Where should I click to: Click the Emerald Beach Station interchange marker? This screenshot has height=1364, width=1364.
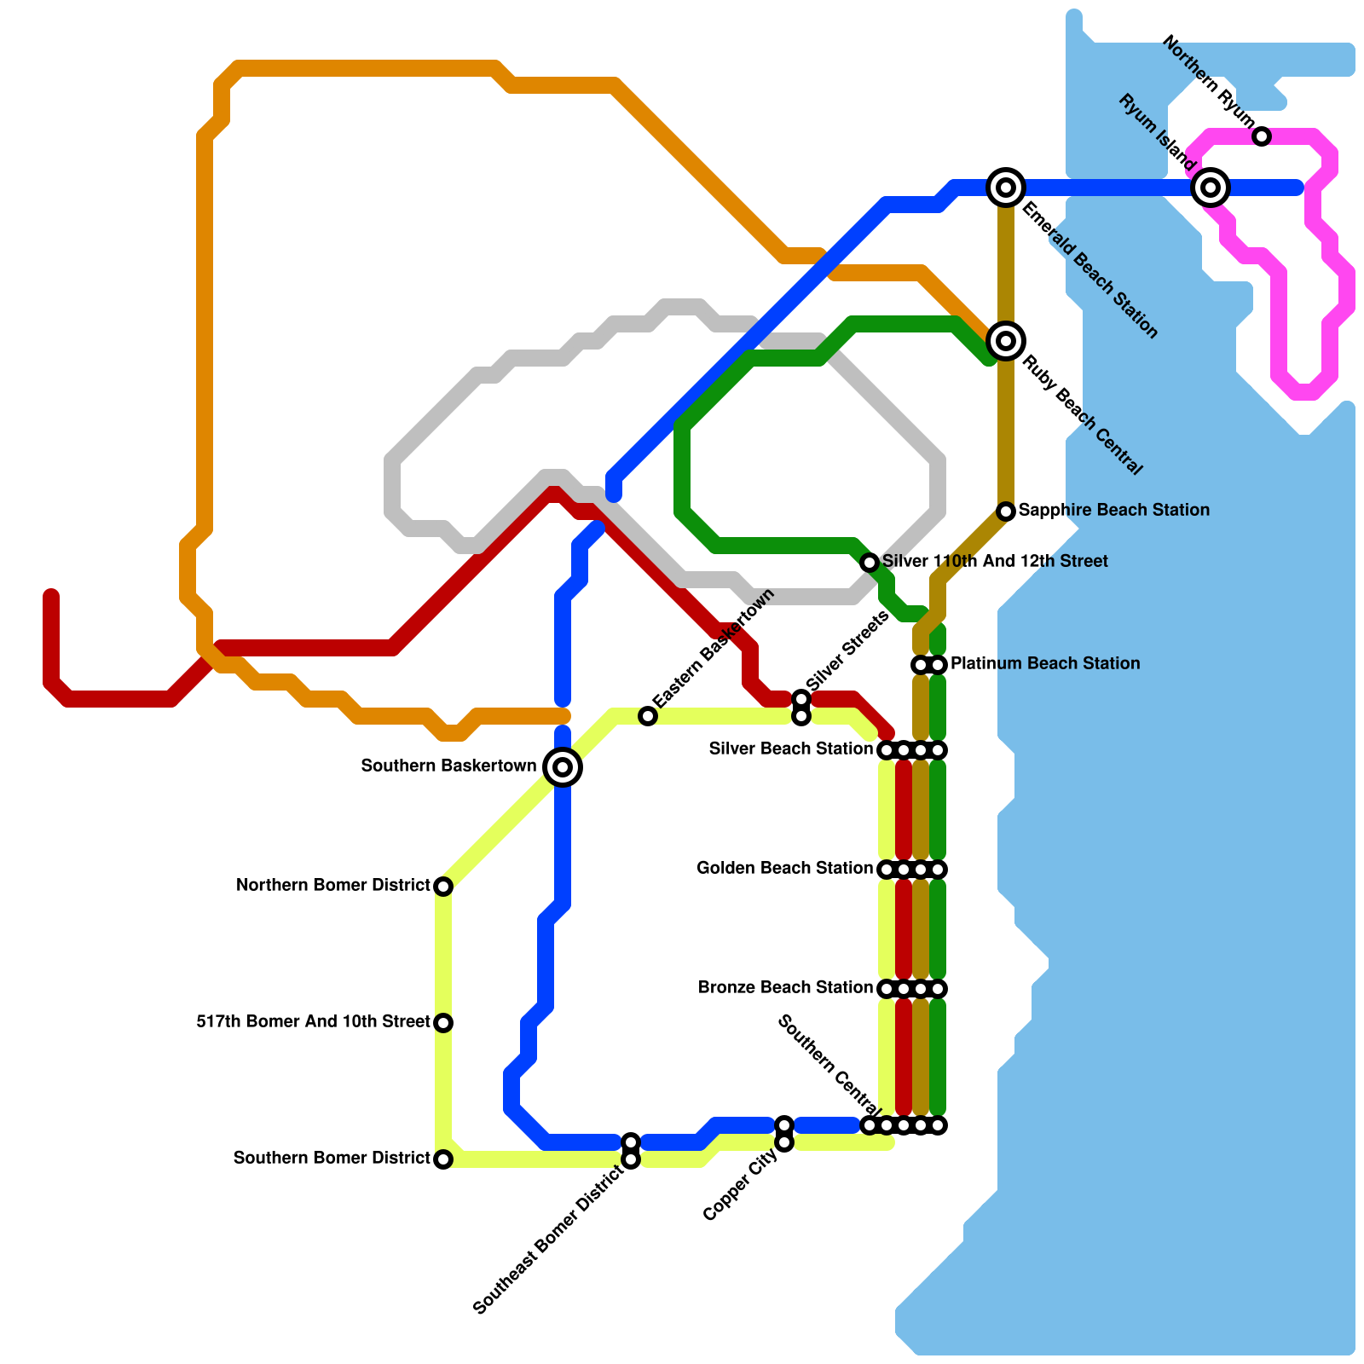click(1006, 187)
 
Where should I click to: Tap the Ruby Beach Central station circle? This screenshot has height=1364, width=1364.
click(1006, 341)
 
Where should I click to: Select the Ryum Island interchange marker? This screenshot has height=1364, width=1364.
click(1211, 187)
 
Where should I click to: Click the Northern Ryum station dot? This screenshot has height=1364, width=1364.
click(1263, 136)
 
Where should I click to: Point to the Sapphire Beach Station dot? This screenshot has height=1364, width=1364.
click(1006, 511)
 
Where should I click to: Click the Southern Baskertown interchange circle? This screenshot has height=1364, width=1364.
click(563, 767)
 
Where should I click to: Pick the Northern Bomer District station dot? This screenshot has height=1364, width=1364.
click(443, 887)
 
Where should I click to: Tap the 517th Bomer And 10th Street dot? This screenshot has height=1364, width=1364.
click(443, 1023)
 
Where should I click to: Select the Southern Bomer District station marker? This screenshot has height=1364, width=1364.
click(443, 1159)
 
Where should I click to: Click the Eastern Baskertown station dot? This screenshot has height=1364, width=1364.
click(648, 716)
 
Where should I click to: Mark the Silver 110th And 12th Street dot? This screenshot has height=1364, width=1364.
click(870, 563)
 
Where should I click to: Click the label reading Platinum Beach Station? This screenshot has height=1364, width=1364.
click(1045, 663)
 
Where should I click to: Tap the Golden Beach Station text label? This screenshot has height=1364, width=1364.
click(784, 869)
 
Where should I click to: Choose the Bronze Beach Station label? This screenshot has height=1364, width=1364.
click(785, 988)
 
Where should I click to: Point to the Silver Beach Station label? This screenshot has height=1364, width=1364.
click(791, 749)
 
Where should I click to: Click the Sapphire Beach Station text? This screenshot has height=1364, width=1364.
click(1113, 510)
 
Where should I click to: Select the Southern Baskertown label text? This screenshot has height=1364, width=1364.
click(448, 766)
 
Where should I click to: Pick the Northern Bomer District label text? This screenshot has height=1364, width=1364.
click(332, 886)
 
